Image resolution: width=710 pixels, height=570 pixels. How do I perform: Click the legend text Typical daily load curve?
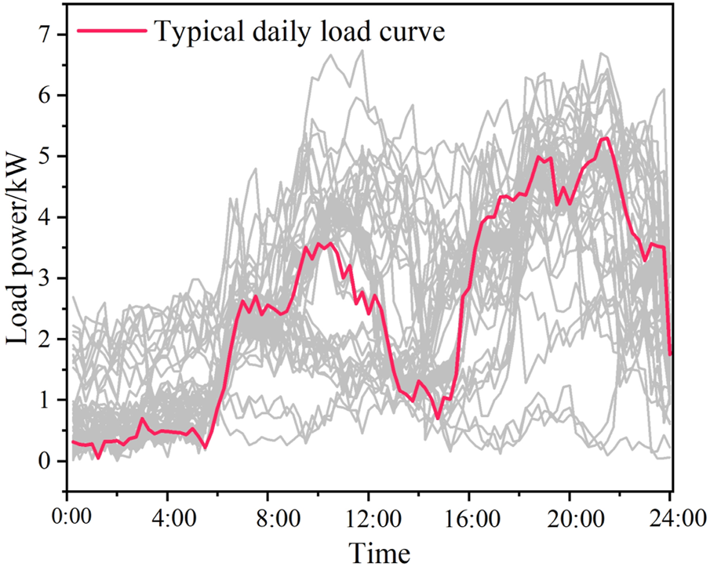[300, 32]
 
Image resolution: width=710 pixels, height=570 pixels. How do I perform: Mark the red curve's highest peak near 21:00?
[605, 139]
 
